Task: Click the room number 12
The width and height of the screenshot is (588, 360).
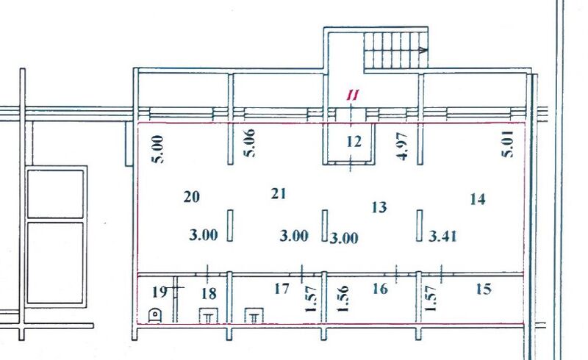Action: coord(354,142)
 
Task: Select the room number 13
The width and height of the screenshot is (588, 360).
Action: coord(379,208)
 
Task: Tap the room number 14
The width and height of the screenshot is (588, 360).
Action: coord(477,198)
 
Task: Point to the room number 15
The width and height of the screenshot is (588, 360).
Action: coord(483,289)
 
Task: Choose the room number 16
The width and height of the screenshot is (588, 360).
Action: coord(379,289)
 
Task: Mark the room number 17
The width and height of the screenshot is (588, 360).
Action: coord(282,289)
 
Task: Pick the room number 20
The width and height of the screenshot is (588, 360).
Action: coord(192,197)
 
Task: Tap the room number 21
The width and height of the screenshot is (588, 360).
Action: coord(278,194)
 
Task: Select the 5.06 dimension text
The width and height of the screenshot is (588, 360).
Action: coord(250,146)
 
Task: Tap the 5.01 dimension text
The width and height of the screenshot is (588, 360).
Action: coord(506,147)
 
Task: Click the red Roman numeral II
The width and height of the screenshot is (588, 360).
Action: coord(353,96)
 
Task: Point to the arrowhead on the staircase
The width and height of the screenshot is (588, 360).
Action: coord(423,51)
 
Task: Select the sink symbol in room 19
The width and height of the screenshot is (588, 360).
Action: coord(155,316)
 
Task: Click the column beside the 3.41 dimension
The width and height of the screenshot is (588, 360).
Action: coord(420,226)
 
